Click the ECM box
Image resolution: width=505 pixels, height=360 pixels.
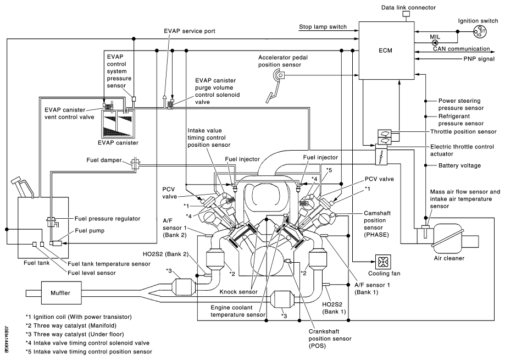point(386,51)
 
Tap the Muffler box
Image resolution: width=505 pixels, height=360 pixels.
point(60,293)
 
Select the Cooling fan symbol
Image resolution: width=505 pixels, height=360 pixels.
point(383,262)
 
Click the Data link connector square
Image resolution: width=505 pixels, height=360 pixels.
point(406,14)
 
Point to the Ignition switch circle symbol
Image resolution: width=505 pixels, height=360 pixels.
point(480,31)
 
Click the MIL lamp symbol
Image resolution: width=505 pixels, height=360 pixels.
point(435,42)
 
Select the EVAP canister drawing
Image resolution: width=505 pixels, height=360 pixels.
point(118,123)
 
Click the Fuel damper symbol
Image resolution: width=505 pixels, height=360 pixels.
point(135,164)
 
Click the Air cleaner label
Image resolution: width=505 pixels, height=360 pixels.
point(449,258)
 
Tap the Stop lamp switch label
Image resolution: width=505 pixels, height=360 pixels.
point(323,27)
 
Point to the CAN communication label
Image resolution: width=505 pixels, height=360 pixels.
point(461,49)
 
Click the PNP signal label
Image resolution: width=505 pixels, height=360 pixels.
point(479,59)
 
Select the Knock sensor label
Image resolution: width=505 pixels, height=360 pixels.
point(238,292)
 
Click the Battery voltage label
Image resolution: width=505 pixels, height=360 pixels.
point(459,165)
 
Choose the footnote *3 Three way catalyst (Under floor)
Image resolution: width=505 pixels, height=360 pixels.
point(75,334)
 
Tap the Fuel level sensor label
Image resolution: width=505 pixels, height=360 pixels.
point(91,273)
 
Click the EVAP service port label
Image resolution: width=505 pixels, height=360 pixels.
point(190,31)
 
